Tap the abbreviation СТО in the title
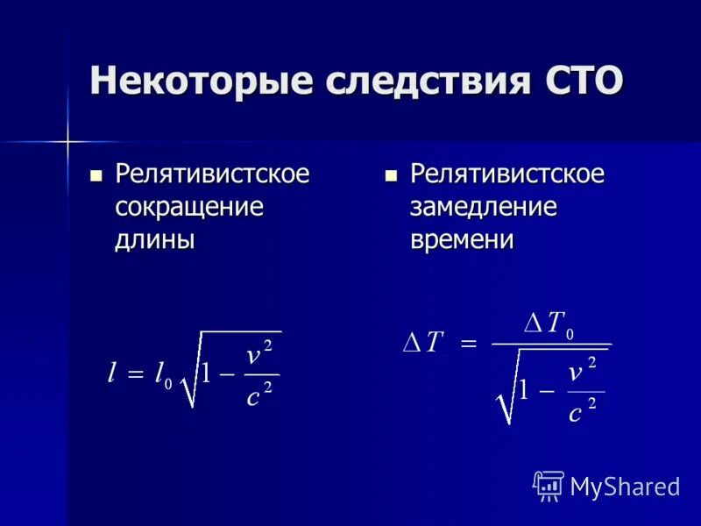pos(578,81)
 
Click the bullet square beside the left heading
pos(96,174)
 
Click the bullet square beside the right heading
pos(392,174)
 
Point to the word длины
pos(154,239)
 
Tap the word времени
pos(462,239)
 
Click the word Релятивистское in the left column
pos(212,174)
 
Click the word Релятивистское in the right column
pos(507,174)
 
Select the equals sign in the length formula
pos(134,375)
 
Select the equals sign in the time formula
pos(468,345)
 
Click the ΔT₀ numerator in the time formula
pos(549,324)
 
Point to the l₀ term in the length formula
pos(163,375)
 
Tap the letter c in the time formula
pos(575,412)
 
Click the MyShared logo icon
pos(549,485)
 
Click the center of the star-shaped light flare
pos(67,139)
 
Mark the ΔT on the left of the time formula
pos(423,344)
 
